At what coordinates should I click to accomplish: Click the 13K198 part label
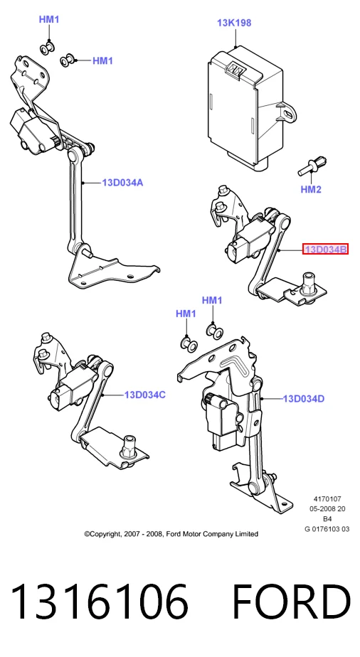(234, 23)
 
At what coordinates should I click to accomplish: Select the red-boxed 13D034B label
(326, 250)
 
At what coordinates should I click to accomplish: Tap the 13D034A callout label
(122, 183)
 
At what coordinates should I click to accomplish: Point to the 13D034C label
(144, 395)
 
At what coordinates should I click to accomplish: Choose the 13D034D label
(304, 399)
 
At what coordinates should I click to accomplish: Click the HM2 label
(310, 189)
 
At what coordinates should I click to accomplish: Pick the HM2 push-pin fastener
(312, 166)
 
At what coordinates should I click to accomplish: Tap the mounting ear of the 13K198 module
(287, 112)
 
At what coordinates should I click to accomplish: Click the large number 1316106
(100, 602)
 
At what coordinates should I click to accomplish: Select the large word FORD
(291, 602)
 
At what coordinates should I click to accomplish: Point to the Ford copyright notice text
(171, 534)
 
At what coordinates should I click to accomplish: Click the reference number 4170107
(327, 499)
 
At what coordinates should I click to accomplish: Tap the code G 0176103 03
(327, 529)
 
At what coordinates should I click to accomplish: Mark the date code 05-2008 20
(327, 509)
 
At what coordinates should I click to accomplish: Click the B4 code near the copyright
(327, 519)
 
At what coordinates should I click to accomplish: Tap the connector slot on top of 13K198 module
(234, 70)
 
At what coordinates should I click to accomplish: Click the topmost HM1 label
(49, 19)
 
